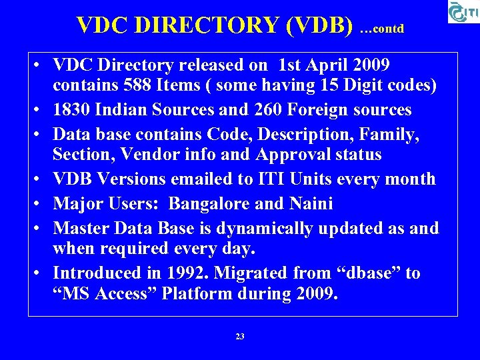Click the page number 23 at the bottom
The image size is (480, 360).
tap(240, 337)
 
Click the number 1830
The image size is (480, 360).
tap(72, 109)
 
